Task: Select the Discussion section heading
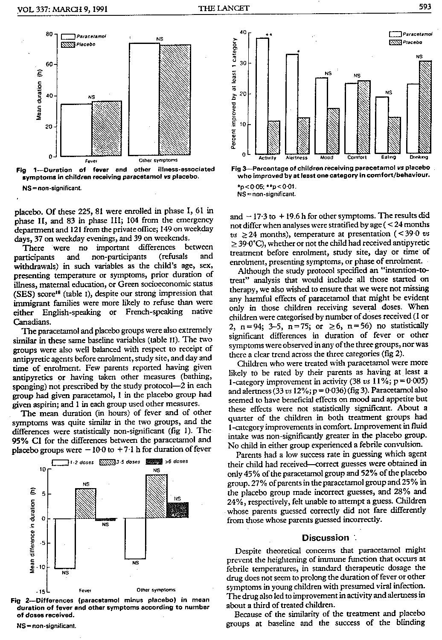coord(325,538)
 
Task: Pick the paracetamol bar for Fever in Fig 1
coord(76,130)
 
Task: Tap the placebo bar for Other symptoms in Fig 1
coord(175,100)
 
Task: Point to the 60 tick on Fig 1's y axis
coord(49,64)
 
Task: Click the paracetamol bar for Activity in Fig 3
coord(262,96)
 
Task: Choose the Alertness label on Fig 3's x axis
coord(296,158)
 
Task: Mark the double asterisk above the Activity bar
coord(268,35)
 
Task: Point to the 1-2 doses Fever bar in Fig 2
coord(65,544)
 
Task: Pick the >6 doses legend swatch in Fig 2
coord(154,462)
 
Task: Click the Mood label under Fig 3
coord(326,158)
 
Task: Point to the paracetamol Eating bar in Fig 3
coord(382,125)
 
